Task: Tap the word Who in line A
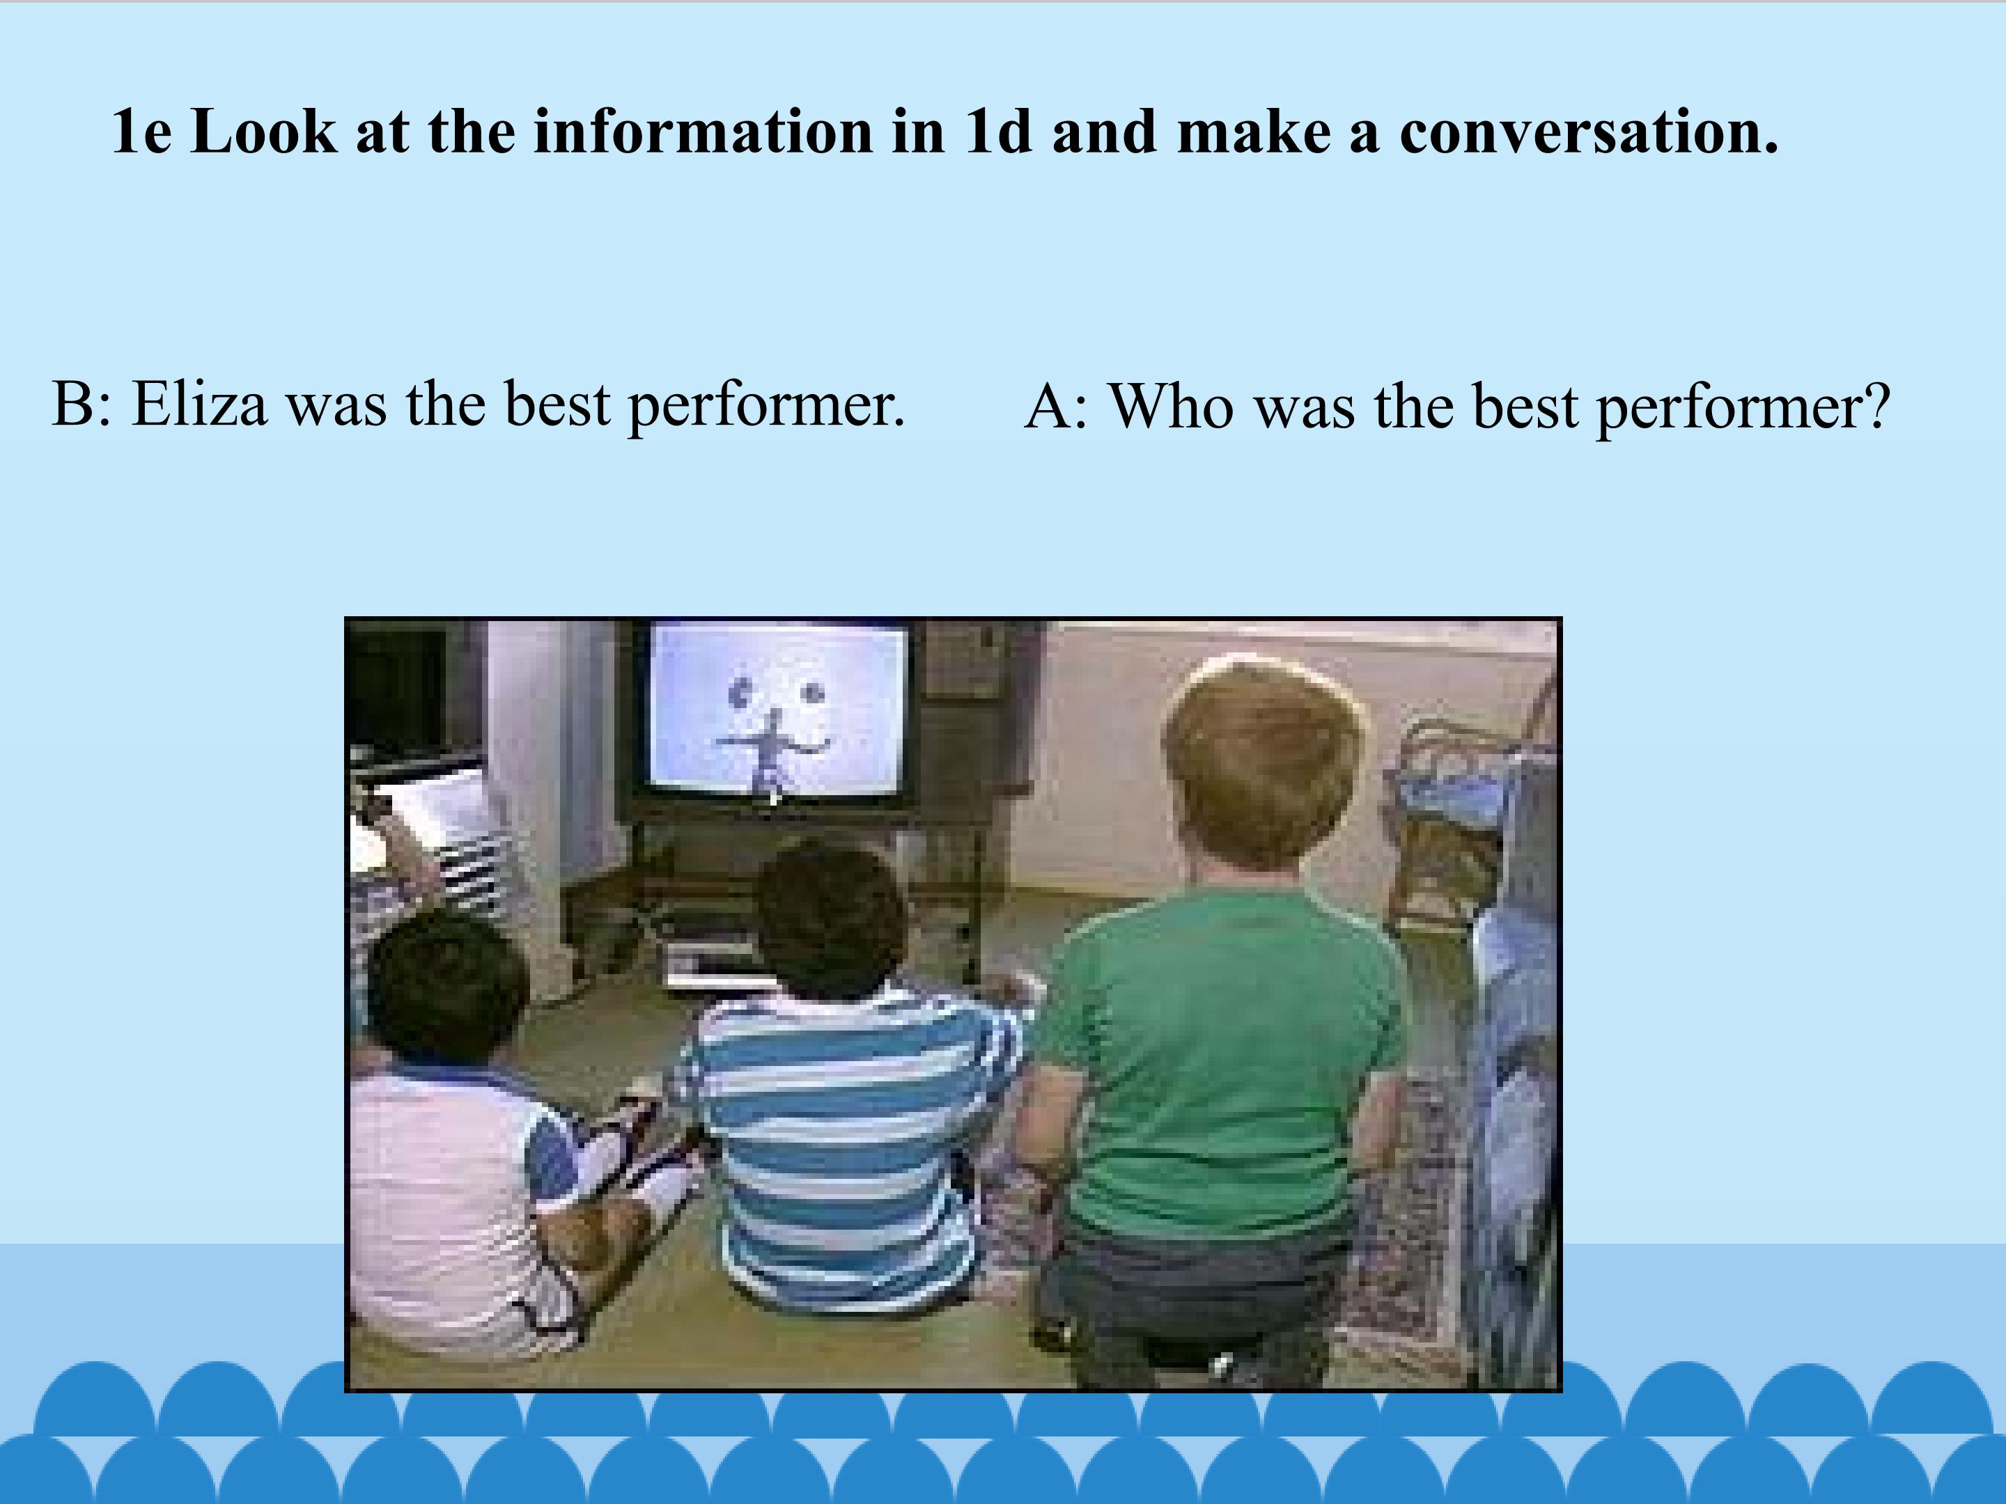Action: pyautogui.click(x=1171, y=405)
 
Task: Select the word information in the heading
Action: pyautogui.click(x=702, y=132)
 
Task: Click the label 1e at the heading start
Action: pyautogui.click(x=141, y=132)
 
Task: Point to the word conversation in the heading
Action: pyautogui.click(x=1589, y=132)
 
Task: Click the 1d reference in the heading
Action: pyautogui.click(x=998, y=132)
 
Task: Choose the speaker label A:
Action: pyautogui.click(x=1056, y=405)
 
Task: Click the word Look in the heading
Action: pyautogui.click(x=264, y=132)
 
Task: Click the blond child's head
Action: pyautogui.click(x=1265, y=762)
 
